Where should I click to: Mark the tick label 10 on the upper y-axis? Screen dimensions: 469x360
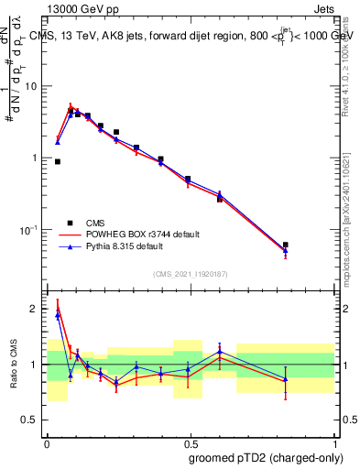(x=30, y=86)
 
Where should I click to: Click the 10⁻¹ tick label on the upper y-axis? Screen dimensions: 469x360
(x=27, y=229)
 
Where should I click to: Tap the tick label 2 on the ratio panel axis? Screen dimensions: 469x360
(x=35, y=309)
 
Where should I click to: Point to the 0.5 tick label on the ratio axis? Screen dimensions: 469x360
(x=31, y=420)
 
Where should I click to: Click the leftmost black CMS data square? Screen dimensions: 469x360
(x=58, y=161)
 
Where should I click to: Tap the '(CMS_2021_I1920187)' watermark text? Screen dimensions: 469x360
(x=190, y=273)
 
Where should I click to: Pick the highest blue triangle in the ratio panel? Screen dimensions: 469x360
(x=58, y=314)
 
